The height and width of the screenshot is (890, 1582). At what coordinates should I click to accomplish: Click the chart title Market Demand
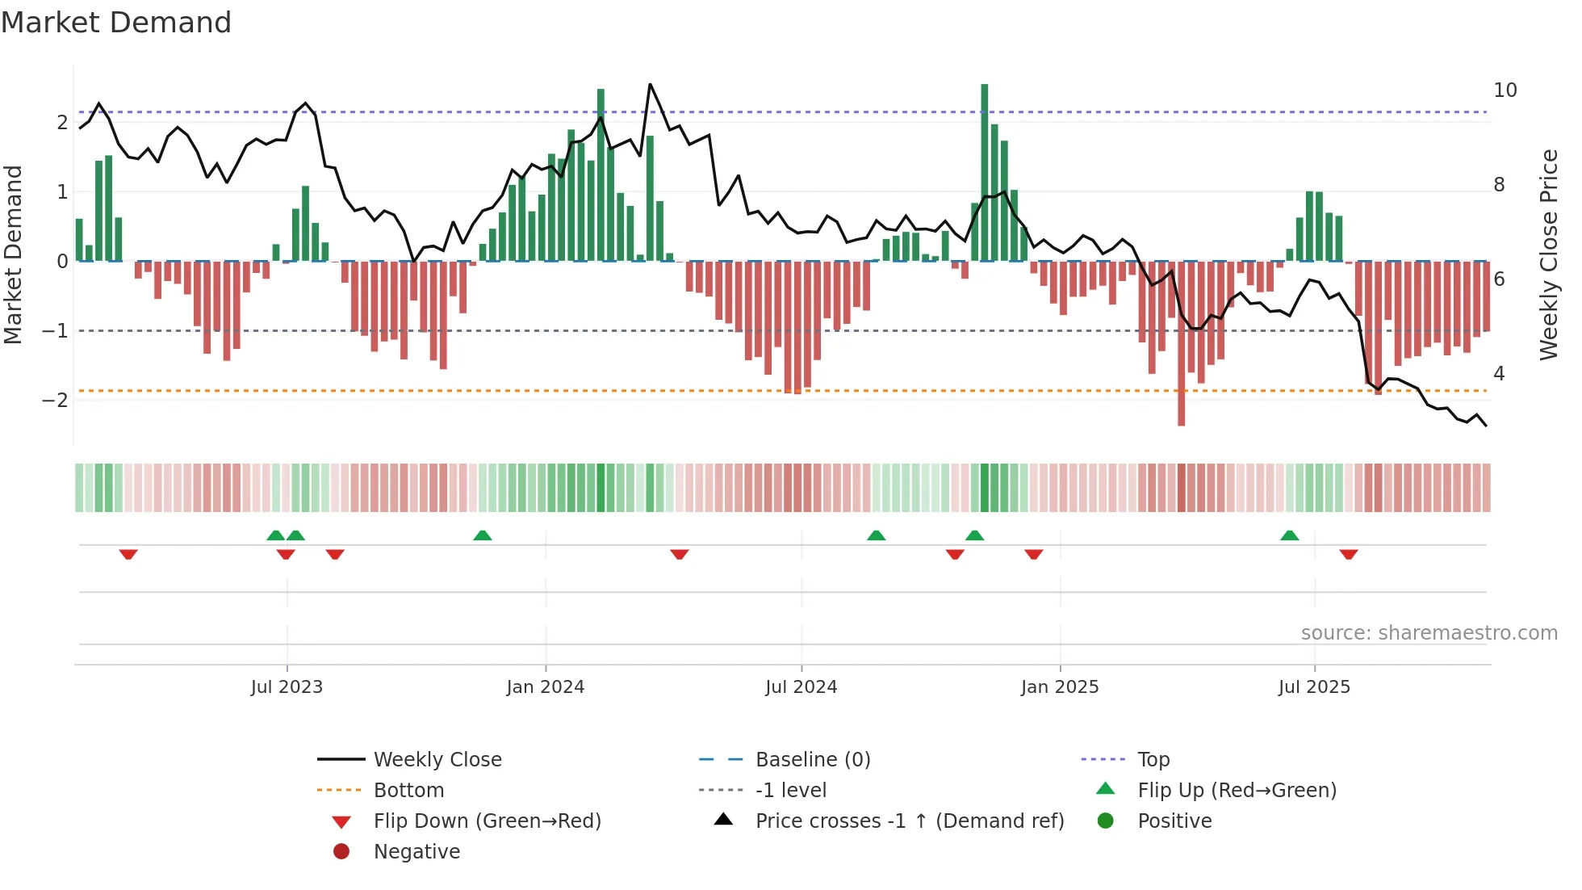(x=116, y=23)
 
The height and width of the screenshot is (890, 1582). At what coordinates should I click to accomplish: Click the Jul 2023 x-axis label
(x=287, y=687)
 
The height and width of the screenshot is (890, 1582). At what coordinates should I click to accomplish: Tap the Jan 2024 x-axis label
(x=545, y=687)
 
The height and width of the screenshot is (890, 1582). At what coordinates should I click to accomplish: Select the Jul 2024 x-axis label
(x=801, y=687)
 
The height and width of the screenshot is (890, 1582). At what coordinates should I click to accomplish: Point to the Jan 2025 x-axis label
(x=1059, y=687)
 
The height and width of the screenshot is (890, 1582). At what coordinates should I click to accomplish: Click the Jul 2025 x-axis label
(x=1314, y=687)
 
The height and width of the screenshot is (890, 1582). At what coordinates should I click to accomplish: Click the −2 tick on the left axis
(x=55, y=401)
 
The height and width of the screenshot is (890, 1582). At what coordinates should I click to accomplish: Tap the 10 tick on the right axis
(x=1505, y=90)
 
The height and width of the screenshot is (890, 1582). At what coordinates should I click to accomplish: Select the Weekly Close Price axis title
(x=1548, y=254)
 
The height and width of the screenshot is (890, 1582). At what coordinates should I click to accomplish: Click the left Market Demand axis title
(x=13, y=254)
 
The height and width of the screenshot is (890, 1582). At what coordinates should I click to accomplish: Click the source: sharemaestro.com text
(x=1429, y=633)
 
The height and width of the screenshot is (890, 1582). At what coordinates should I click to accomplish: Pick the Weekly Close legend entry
(x=437, y=760)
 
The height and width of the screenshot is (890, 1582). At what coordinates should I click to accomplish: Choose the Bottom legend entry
(x=408, y=791)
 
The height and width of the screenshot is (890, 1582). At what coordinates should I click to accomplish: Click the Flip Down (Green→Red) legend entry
(x=487, y=821)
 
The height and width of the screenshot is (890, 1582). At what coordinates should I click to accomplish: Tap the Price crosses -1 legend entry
(x=909, y=821)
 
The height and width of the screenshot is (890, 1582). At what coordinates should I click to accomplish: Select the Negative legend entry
(x=416, y=852)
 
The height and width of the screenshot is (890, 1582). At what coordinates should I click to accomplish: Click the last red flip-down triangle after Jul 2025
(x=1348, y=554)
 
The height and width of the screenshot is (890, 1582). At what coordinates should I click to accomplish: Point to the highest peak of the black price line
(x=650, y=84)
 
